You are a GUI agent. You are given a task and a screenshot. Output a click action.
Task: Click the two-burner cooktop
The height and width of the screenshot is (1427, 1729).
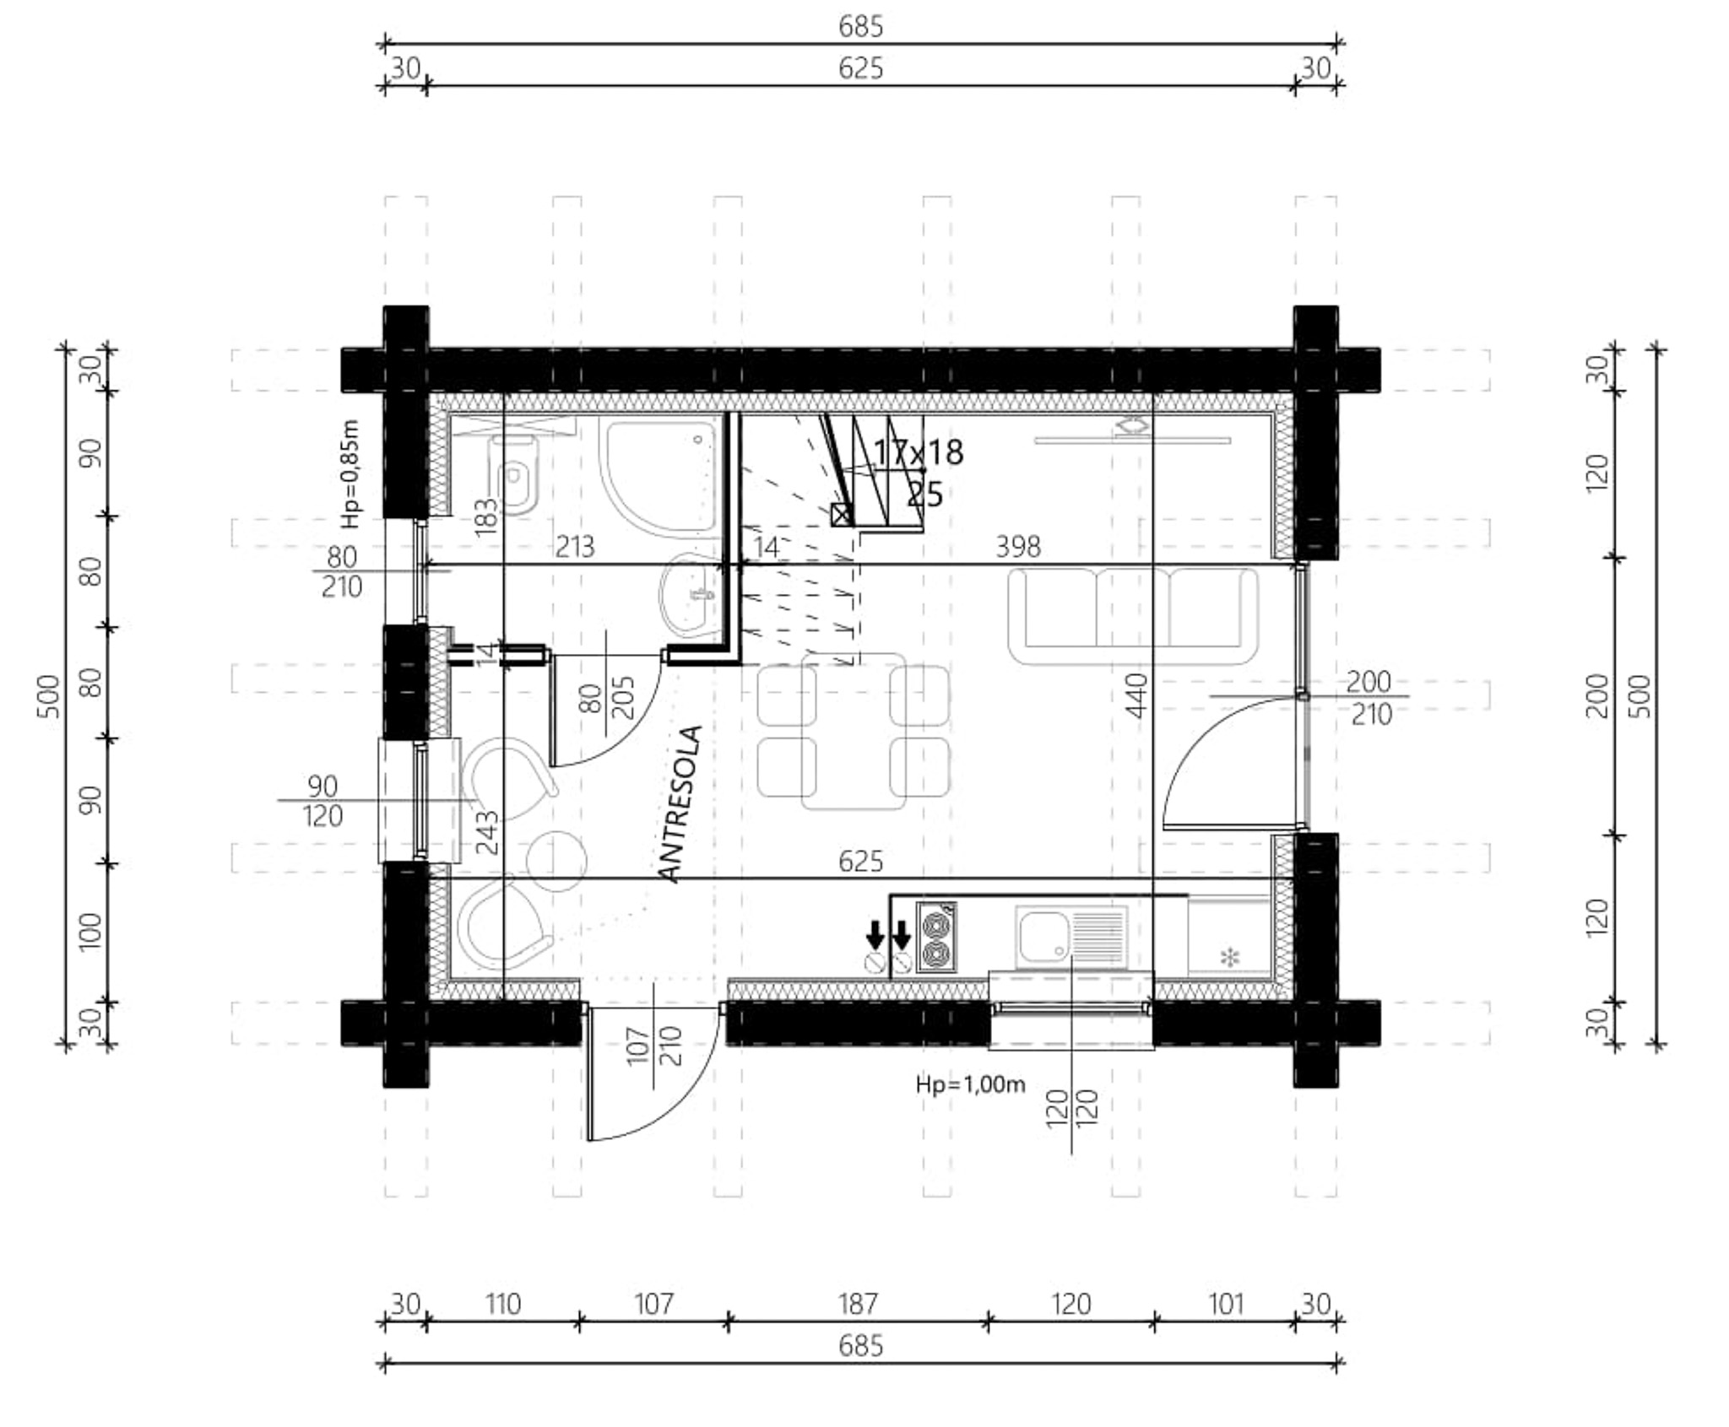(936, 937)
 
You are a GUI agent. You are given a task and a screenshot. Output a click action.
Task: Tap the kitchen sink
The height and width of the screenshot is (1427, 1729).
(1071, 937)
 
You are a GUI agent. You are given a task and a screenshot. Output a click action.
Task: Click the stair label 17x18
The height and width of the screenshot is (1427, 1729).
(918, 452)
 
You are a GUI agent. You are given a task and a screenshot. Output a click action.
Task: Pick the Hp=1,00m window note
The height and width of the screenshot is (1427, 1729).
(970, 1084)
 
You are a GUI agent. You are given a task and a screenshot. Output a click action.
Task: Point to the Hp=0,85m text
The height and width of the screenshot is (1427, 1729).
(351, 474)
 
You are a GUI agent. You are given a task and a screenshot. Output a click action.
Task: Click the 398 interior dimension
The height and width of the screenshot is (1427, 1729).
(1018, 547)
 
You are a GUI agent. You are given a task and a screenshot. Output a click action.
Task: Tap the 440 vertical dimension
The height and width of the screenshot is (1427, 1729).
(1137, 695)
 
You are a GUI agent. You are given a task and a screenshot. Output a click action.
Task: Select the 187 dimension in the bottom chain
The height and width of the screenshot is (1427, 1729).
(858, 1305)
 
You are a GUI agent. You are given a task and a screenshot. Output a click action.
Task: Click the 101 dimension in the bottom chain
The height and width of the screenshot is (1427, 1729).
(1226, 1305)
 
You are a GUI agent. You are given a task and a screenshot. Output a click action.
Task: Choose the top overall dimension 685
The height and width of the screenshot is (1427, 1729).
(860, 27)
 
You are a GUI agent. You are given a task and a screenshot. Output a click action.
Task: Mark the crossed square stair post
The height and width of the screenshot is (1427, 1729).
(842, 514)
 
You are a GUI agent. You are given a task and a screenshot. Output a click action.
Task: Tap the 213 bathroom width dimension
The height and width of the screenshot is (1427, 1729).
(574, 547)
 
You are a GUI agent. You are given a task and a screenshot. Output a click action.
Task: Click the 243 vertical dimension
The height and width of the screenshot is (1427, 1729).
(488, 833)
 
